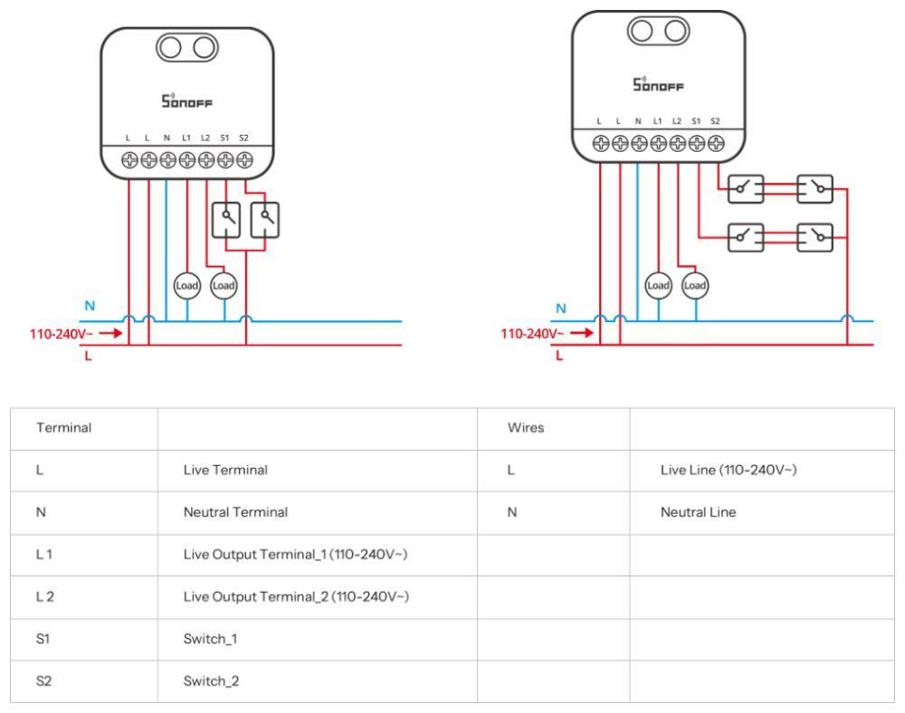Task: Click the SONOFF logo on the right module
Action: click(x=658, y=85)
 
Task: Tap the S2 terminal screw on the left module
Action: click(x=243, y=160)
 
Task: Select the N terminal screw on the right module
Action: click(x=639, y=142)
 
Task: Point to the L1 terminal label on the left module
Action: click(x=186, y=138)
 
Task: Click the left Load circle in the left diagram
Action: click(x=186, y=285)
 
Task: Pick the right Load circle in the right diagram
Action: click(x=695, y=285)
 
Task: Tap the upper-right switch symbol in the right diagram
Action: click(x=814, y=189)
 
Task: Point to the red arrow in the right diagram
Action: click(x=583, y=332)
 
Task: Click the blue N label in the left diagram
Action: click(x=89, y=306)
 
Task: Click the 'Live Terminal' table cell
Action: click(x=221, y=471)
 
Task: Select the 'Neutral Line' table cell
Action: click(x=698, y=512)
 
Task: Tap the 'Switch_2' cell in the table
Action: click(x=213, y=680)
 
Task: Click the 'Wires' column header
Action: click(x=525, y=428)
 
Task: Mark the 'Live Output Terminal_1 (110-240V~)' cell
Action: click(x=296, y=554)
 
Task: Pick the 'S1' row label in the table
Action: click(x=43, y=638)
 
